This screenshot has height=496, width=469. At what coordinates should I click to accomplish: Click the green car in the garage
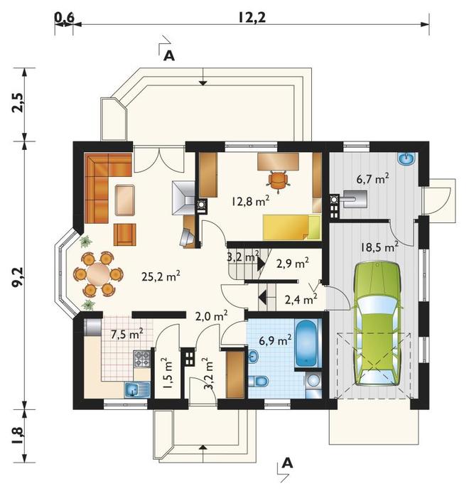[x=377, y=323]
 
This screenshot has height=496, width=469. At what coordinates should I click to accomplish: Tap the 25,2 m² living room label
[x=161, y=276]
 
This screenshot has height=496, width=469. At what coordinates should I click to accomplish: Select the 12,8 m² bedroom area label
[x=250, y=200]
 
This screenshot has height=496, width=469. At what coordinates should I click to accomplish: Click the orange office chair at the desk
[x=278, y=180]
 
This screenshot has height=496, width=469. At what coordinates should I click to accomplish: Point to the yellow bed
[x=291, y=227]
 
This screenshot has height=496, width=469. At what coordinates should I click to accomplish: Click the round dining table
[x=98, y=274]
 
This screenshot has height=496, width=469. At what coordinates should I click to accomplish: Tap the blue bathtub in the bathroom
[x=306, y=344]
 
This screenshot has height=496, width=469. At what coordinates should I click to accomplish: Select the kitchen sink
[x=138, y=389]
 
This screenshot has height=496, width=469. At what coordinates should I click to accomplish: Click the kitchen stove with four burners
[x=141, y=358]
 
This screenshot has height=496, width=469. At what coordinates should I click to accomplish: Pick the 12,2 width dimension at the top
[x=252, y=18]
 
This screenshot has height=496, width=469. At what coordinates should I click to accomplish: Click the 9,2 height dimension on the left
[x=18, y=277]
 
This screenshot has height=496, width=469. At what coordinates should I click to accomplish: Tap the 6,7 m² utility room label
[x=372, y=179]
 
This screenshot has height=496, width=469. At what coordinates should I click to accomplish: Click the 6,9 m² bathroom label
[x=275, y=340]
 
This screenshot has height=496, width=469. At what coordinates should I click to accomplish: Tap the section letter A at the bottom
[x=287, y=463]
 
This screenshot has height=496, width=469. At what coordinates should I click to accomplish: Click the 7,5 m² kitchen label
[x=127, y=334]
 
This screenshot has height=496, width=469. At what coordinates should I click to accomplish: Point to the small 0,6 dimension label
[x=64, y=18]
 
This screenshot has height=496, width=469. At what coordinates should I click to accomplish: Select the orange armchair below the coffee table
[x=125, y=234]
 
